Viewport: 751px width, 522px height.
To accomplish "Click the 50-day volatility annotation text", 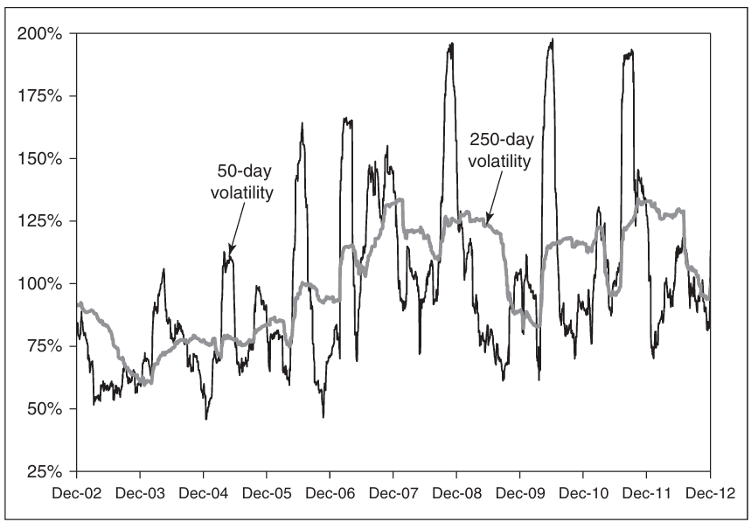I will pos(242,182).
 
